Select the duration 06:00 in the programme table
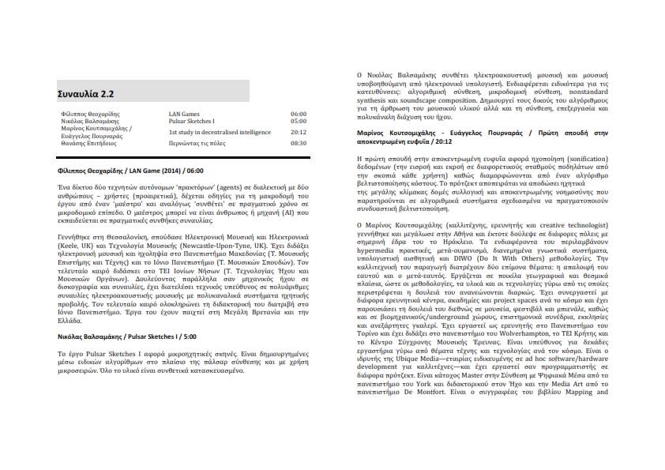[298, 114]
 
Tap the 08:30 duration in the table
[298, 144]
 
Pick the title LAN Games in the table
[184, 114]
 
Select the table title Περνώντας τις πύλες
[197, 144]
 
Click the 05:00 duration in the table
[298, 121]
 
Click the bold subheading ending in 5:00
[127, 337]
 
